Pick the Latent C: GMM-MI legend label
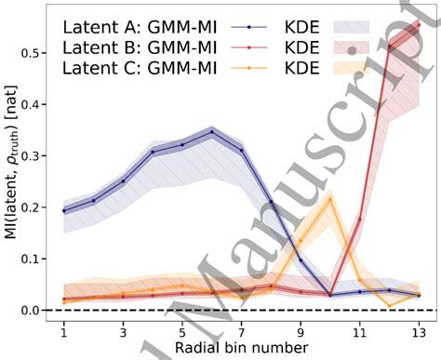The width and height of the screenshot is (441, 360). (x=137, y=67)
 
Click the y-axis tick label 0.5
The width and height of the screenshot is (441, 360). (x=32, y=55)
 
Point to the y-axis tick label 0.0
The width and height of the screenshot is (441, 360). (x=32, y=310)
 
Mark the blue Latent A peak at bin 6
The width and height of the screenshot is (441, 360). (x=212, y=132)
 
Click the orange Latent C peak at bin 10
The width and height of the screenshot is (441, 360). (x=329, y=199)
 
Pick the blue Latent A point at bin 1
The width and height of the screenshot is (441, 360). (x=64, y=210)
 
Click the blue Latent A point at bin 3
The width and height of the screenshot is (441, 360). (x=123, y=181)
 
